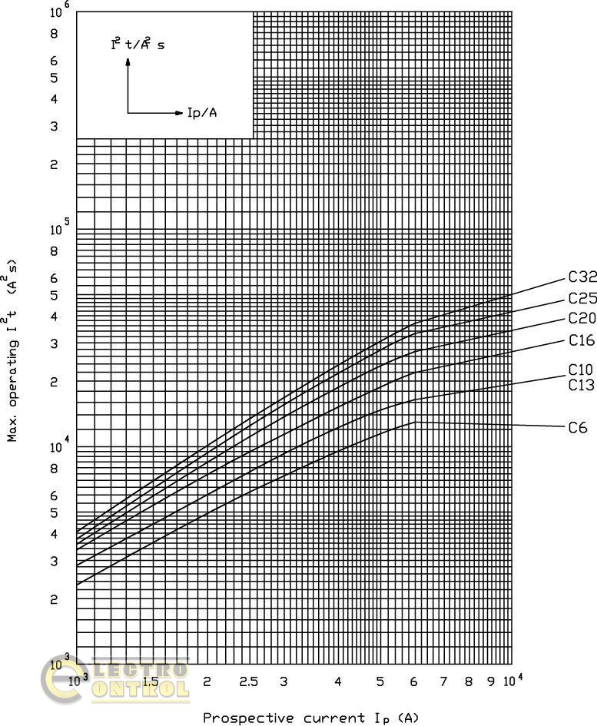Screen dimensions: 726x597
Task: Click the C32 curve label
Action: (x=582, y=278)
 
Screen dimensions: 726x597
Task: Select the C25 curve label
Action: (x=582, y=299)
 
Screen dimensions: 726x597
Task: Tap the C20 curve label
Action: (x=582, y=319)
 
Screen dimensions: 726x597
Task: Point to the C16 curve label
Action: (x=582, y=340)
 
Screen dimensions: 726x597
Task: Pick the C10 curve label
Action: (x=580, y=370)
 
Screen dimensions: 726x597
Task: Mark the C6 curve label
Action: (x=578, y=428)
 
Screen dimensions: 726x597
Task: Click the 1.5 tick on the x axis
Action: (x=150, y=681)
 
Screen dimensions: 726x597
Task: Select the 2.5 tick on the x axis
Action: (x=247, y=681)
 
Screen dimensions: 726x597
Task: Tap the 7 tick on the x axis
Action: (x=444, y=681)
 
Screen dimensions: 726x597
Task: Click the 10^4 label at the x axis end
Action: (x=513, y=679)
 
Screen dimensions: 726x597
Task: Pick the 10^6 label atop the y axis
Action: (x=60, y=9)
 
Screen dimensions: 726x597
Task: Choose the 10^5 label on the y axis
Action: (x=60, y=227)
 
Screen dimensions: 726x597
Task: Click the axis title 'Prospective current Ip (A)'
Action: (x=310, y=718)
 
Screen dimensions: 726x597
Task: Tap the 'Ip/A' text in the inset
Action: (x=202, y=113)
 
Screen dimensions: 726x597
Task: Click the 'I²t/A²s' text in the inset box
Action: (x=138, y=44)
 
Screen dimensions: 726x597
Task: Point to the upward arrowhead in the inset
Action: (x=128, y=64)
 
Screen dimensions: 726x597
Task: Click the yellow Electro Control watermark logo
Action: (x=115, y=681)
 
